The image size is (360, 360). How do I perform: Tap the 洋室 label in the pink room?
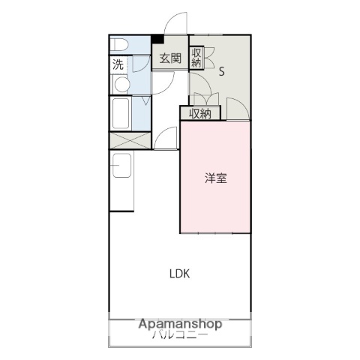pos(217,178)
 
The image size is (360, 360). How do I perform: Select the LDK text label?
pos(178,274)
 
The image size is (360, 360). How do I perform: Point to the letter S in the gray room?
pos(222,72)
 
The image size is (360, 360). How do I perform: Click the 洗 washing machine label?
pos(118,64)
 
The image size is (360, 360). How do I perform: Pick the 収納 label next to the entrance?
pos(196,58)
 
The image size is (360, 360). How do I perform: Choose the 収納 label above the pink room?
pos(199,113)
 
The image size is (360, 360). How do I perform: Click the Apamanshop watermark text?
pos(179,325)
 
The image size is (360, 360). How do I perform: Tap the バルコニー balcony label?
pos(179,336)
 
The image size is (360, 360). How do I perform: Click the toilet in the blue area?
pos(120,45)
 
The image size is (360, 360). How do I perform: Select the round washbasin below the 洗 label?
pos(120,85)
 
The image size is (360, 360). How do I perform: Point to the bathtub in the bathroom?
pos(120,115)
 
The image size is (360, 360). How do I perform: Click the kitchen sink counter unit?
pos(121,180)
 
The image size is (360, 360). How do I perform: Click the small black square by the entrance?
pos(157,39)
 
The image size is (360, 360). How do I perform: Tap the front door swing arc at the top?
pos(174,24)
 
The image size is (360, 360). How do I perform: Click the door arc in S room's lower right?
pos(238,109)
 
